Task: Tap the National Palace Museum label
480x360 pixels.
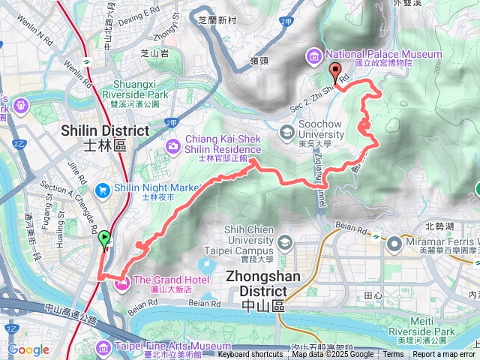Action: click(382, 55)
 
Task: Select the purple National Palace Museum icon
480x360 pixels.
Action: click(313, 55)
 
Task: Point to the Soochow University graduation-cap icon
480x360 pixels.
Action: click(286, 133)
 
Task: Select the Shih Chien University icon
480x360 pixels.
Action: click(284, 241)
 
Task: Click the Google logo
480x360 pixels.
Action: click(28, 349)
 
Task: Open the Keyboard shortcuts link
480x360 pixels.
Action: click(250, 355)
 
